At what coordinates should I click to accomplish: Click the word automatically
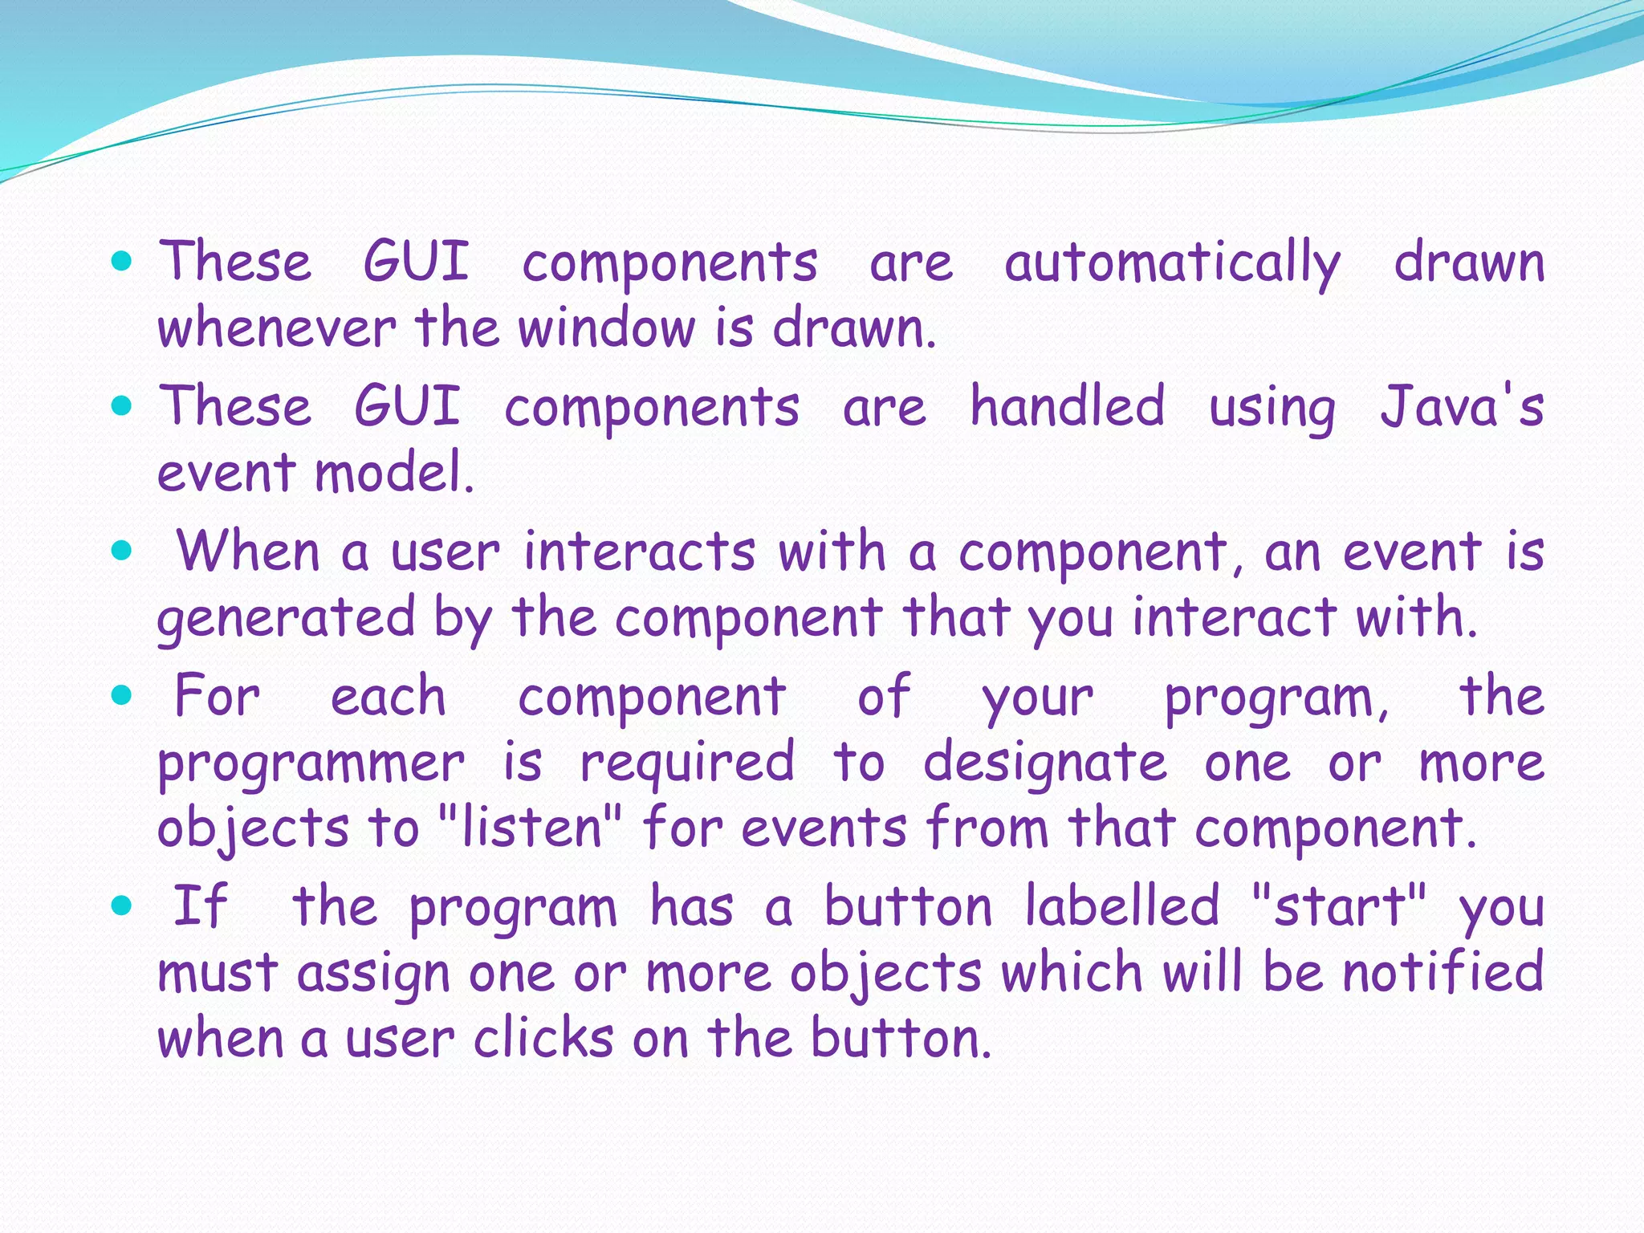coord(1172,263)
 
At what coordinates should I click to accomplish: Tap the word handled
coord(1067,406)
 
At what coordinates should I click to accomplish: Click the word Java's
coord(1461,406)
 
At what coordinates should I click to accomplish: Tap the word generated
coord(287,618)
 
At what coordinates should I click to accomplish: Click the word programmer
coord(311,763)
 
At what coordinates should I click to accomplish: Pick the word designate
coord(1045,763)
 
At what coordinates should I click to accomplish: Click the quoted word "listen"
coord(531,828)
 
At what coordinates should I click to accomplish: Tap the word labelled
coord(1122,906)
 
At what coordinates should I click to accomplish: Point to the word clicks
coord(543,1038)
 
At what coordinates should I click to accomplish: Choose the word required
coord(687,763)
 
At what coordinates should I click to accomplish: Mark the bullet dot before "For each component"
coord(122,696)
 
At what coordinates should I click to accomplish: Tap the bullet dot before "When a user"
coord(122,551)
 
